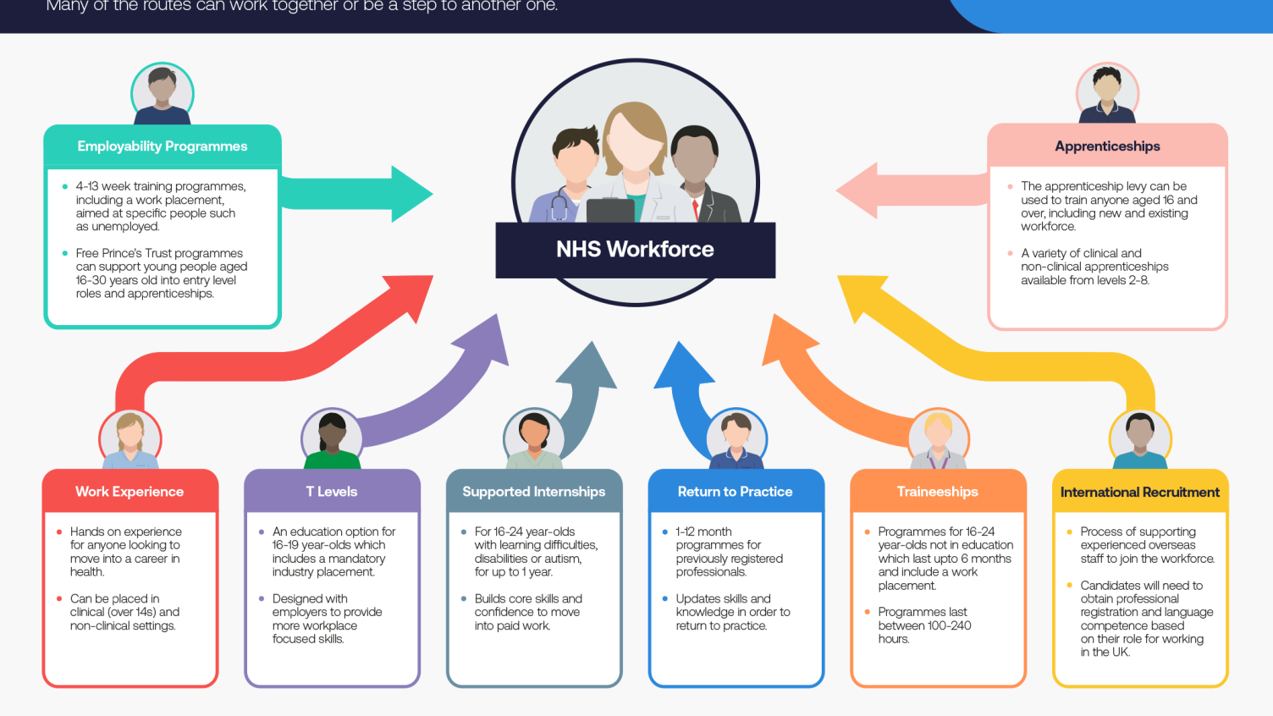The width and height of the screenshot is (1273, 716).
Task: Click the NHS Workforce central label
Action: (x=635, y=250)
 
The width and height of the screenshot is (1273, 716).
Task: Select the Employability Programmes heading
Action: (x=163, y=146)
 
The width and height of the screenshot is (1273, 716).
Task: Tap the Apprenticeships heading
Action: (x=1107, y=146)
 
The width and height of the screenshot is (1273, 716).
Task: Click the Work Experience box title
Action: (x=130, y=492)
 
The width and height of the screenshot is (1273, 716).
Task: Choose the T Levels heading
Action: (x=332, y=492)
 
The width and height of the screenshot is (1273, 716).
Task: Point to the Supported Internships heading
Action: (x=534, y=492)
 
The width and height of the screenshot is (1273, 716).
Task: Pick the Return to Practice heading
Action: (x=735, y=492)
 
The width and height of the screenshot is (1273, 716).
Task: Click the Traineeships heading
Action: (x=937, y=492)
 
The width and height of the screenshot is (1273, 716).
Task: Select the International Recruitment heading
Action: (x=1139, y=492)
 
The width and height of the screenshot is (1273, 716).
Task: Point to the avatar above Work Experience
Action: (x=130, y=438)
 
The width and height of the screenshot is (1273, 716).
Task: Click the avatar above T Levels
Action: (x=332, y=438)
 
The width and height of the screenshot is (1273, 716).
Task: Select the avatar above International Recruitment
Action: (x=1140, y=438)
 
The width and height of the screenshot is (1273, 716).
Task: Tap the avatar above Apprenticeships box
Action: (x=1107, y=93)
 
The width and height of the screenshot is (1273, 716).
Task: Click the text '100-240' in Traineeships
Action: (x=949, y=625)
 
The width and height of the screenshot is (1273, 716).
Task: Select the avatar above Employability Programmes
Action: (x=163, y=93)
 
